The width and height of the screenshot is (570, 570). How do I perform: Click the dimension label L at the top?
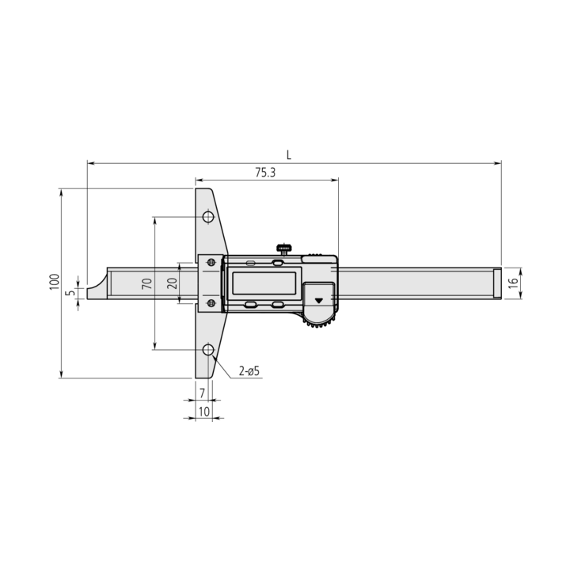(x=289, y=155)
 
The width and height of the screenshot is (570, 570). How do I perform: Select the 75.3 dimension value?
(x=265, y=173)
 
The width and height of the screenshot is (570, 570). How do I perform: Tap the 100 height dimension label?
(x=55, y=282)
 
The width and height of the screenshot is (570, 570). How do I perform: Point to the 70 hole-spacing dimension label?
(x=147, y=283)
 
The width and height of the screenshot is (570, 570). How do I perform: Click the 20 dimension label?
(x=173, y=283)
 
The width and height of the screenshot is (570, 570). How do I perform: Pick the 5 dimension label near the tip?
(x=71, y=291)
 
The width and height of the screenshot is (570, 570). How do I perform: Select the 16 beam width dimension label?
(x=513, y=283)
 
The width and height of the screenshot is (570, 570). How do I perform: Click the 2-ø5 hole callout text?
(x=249, y=371)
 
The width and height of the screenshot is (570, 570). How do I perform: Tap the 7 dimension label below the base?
(x=202, y=393)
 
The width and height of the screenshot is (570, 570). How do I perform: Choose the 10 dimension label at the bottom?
(x=204, y=412)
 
